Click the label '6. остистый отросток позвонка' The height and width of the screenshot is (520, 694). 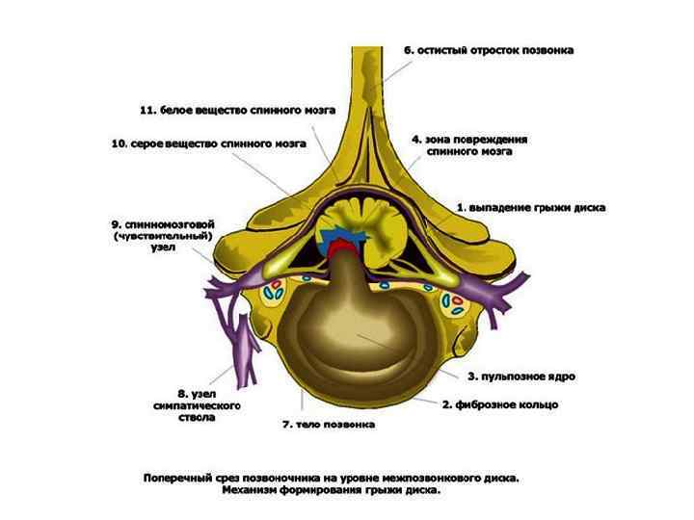(489, 50)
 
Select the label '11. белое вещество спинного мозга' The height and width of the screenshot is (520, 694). (237, 111)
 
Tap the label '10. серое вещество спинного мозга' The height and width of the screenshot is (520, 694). (208, 144)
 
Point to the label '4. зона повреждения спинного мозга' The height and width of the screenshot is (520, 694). (469, 145)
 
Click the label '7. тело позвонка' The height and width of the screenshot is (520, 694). (328, 425)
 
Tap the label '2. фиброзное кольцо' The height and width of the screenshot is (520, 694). (499, 405)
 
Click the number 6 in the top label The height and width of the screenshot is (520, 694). (409, 50)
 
